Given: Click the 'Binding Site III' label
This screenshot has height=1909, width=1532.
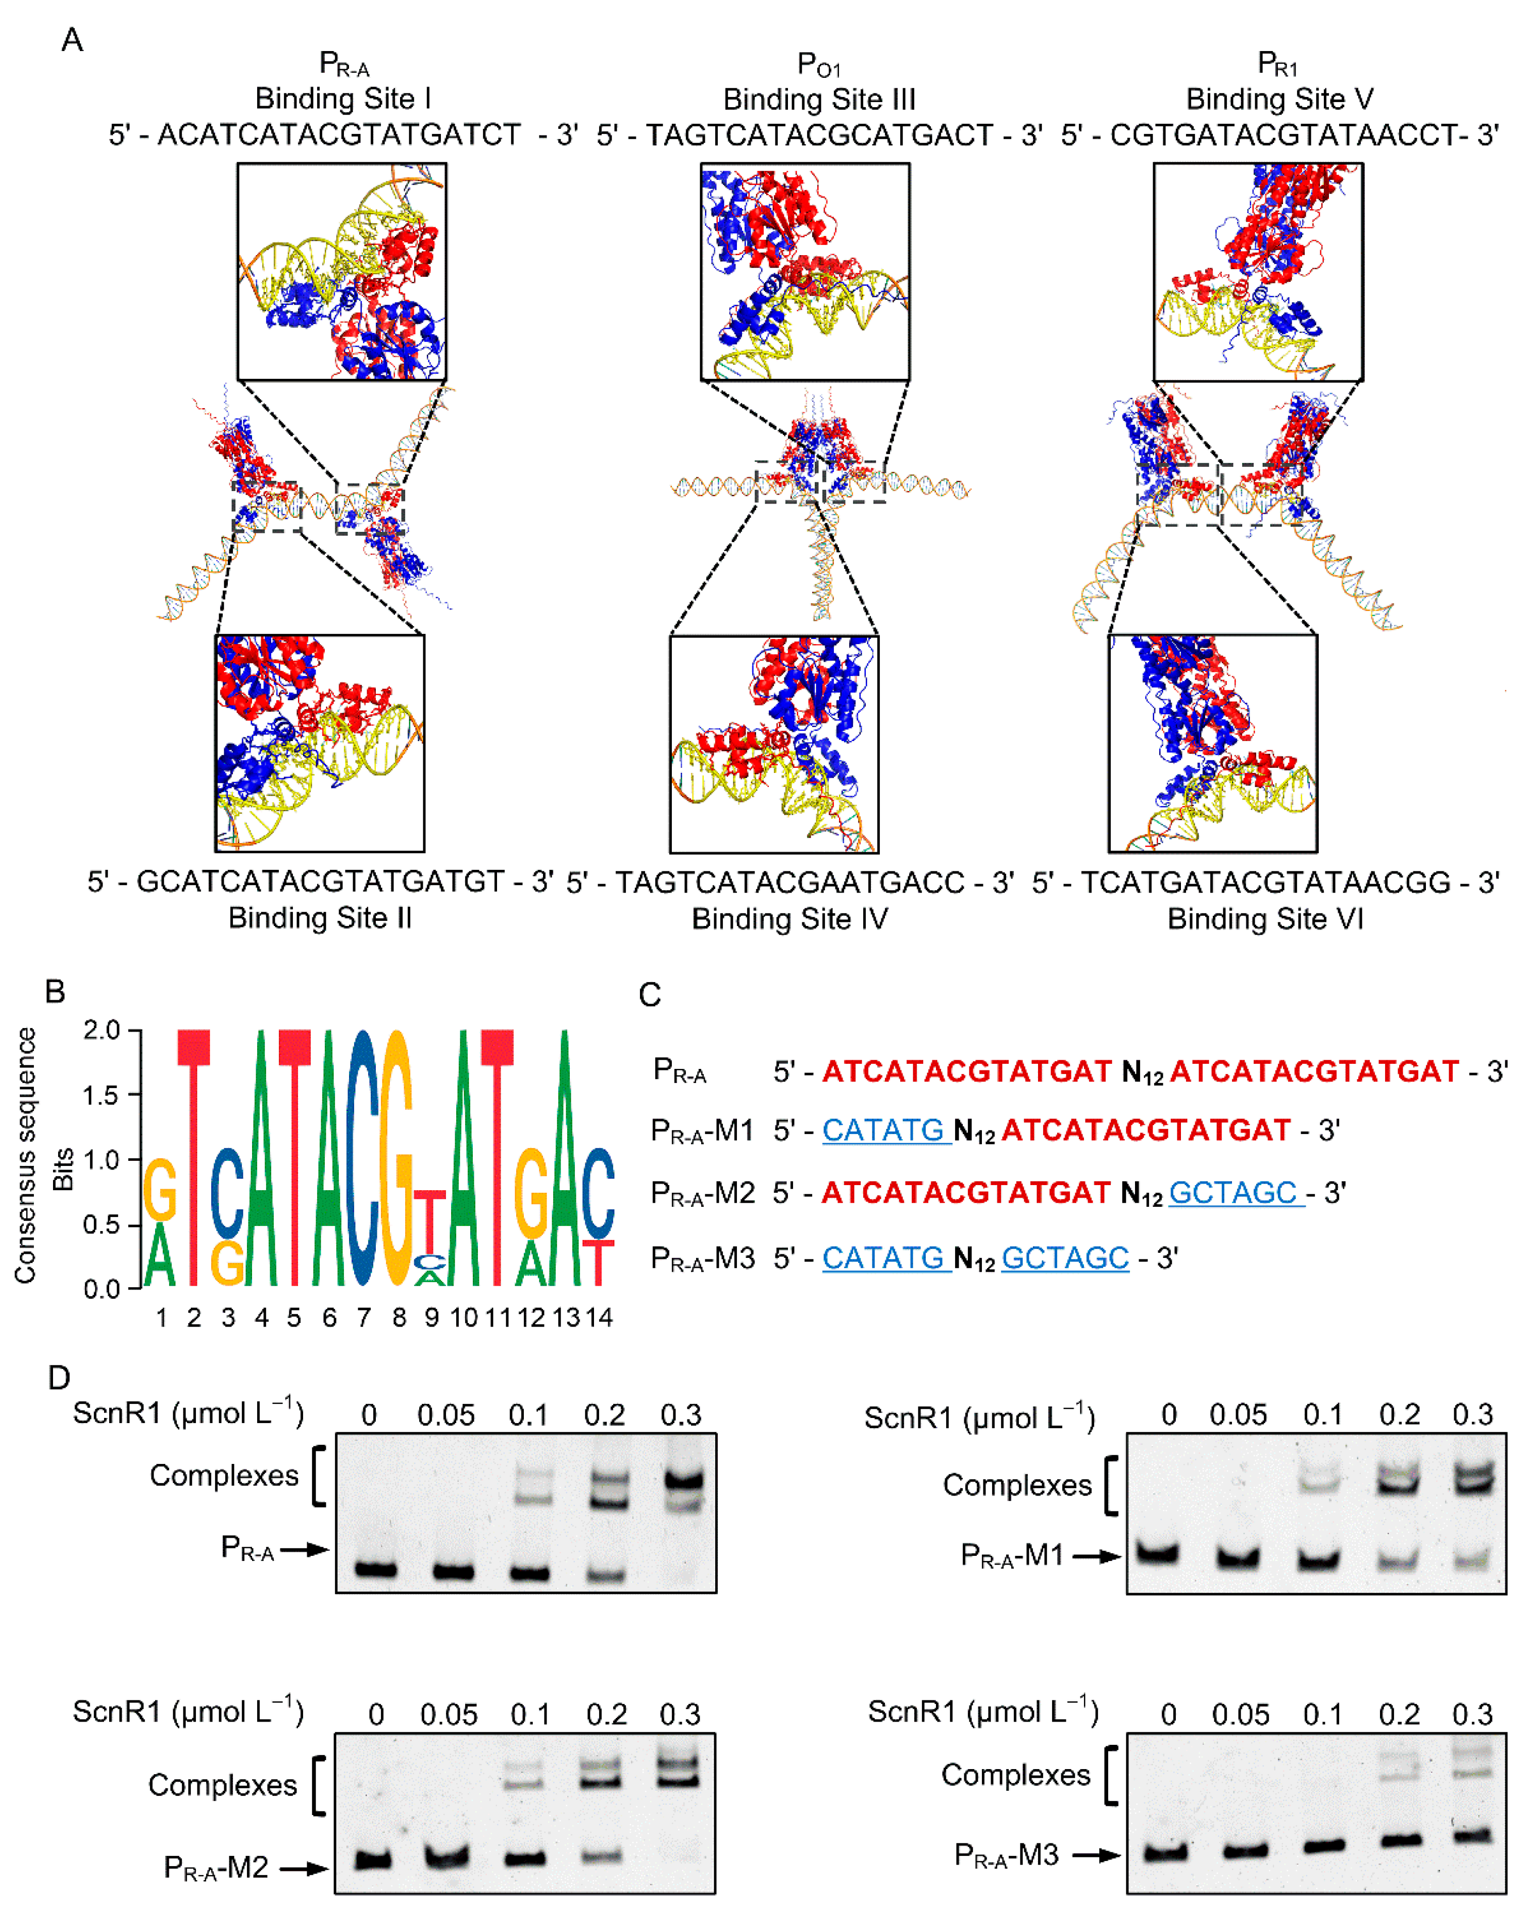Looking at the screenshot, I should [x=819, y=99].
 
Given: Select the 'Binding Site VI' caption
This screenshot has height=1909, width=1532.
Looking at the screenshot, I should [x=1265, y=919].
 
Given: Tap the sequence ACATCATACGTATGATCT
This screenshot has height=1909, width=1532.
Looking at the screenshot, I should [x=339, y=134].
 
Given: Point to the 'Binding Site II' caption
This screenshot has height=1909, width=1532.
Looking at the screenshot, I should [x=320, y=917].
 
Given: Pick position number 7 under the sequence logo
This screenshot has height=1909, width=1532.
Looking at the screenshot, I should [x=363, y=1317].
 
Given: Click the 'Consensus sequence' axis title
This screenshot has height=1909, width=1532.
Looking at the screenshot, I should [x=25, y=1155].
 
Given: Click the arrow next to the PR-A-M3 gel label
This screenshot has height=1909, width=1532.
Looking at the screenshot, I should [x=1096, y=1854].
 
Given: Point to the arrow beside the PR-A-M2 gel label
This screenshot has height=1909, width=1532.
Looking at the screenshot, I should [x=304, y=1868].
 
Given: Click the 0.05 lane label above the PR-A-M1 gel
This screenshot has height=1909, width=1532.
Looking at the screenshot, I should [x=1238, y=1415].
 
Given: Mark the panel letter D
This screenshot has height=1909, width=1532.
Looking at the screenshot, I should [x=59, y=1378].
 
